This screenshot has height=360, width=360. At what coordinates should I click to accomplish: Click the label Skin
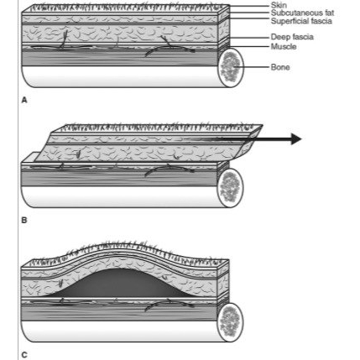point(279,5)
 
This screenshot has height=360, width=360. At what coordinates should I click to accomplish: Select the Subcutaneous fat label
point(302,13)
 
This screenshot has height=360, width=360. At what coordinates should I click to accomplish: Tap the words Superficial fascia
point(301,21)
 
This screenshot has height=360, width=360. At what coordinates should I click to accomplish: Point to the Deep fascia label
point(292,37)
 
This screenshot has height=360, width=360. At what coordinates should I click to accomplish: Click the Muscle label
point(284,46)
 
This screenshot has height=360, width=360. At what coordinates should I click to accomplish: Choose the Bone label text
point(280,67)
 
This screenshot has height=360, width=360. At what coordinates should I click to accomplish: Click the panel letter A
point(24,100)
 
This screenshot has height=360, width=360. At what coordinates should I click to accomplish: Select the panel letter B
point(24,221)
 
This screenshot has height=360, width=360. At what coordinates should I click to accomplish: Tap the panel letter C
point(24,355)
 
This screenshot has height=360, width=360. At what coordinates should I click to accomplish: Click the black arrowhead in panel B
point(296,139)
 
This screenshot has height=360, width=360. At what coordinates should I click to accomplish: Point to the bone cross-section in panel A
point(231,68)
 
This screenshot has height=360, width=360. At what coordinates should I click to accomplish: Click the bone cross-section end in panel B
point(231,188)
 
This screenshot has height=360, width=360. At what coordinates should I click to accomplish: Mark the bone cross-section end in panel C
point(231,322)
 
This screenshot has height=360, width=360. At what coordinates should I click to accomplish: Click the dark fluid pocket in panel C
point(120,284)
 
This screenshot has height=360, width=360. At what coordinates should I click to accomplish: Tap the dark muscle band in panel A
point(120,58)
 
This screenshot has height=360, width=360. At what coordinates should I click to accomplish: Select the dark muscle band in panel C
point(120,313)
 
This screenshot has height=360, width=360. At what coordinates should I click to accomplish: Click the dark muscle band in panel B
point(120,179)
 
